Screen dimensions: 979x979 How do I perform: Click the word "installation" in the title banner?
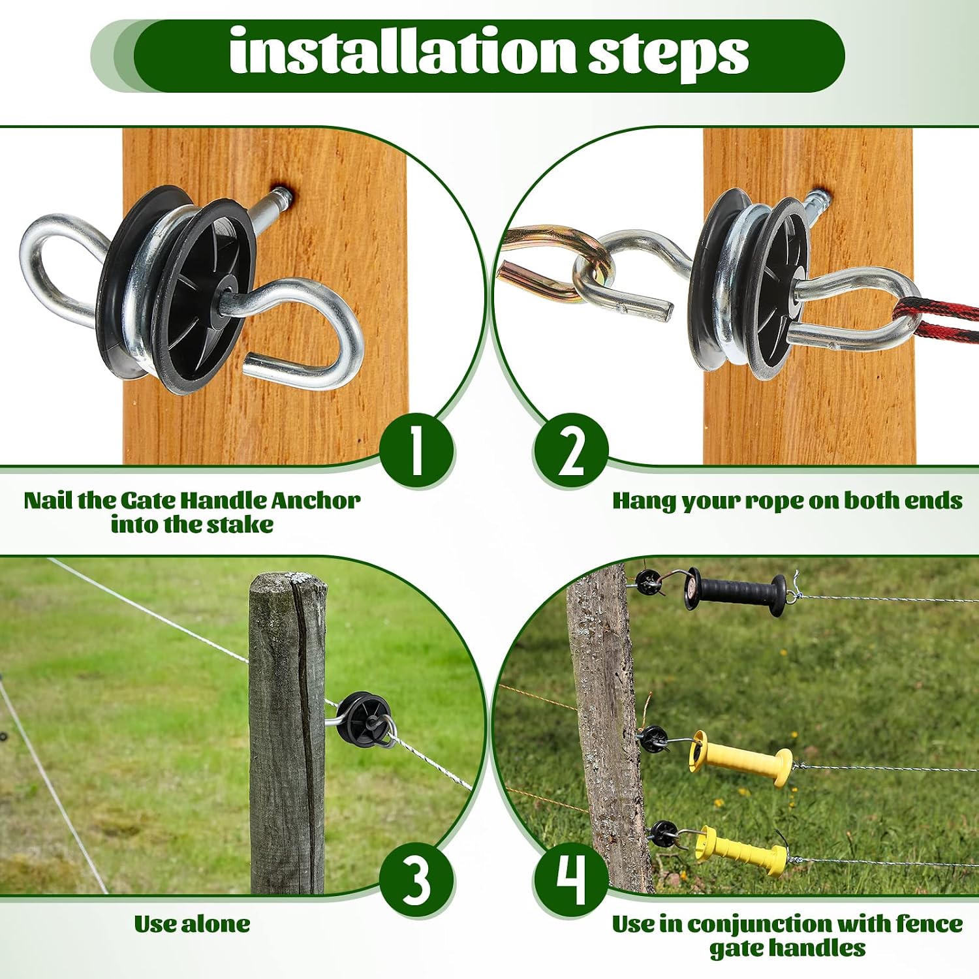coord(403,52)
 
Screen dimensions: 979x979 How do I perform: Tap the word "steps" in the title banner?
coord(668,56)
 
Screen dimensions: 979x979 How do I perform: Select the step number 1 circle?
coord(416,450)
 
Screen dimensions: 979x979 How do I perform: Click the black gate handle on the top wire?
coord(736,591)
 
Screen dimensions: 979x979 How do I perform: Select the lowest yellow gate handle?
coord(741,851)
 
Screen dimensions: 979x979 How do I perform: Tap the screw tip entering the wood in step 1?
coord(282,194)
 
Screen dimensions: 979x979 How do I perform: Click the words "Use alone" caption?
coord(192,924)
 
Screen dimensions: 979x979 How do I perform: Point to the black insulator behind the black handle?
coord(649,582)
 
